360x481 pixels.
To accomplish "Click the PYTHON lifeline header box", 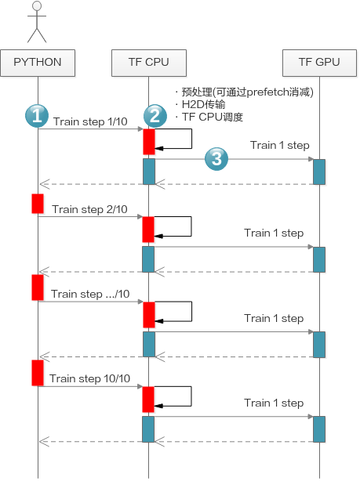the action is coord(38,63).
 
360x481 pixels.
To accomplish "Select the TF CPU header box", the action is coord(149,63).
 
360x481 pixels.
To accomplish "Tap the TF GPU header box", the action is coord(319,63).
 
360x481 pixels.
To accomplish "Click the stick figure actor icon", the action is coord(37,22).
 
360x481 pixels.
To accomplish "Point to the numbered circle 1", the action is coord(37,116).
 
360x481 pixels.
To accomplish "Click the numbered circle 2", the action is coord(155,116).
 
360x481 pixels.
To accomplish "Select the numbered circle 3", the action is coord(216,158).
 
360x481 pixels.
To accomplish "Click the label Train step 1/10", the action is coord(90,121).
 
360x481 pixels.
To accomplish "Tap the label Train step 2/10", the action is coord(89,209).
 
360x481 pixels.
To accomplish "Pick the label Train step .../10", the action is coord(90,295).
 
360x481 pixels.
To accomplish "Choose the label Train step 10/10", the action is coord(89,379).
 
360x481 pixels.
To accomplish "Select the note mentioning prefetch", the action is coord(245,92).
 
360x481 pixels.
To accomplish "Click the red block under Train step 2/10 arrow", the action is coord(148,230).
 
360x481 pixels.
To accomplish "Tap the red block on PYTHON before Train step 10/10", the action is coord(38,373).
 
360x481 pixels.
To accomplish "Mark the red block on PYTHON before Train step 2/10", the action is coord(38,204).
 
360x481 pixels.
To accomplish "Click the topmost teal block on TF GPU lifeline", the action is coord(319,172).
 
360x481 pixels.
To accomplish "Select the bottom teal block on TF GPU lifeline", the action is coord(319,429).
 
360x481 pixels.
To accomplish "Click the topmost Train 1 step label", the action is coord(280,145).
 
